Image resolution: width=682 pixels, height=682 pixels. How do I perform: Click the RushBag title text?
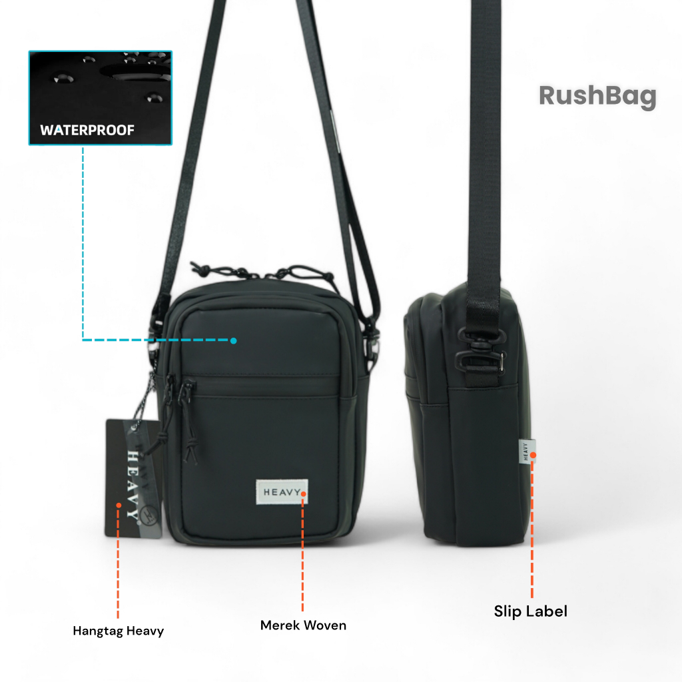click(x=597, y=96)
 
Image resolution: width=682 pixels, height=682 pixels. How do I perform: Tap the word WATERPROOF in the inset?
click(x=87, y=130)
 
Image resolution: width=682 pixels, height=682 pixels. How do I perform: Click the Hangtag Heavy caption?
click(x=119, y=631)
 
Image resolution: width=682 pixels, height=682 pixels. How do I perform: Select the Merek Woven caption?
click(x=303, y=625)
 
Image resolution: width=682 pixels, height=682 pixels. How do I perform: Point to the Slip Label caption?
click(x=531, y=611)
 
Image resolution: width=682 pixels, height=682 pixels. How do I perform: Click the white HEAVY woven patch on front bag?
click(x=282, y=492)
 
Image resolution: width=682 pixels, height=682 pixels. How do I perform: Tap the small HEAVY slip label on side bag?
click(x=526, y=452)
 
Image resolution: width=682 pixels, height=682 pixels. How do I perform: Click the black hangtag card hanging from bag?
click(x=133, y=478)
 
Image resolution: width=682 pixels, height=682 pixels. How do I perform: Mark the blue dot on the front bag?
click(x=234, y=340)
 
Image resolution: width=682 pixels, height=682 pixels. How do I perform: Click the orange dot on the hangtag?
click(x=119, y=505)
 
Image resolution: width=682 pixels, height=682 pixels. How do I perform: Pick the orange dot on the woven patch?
click(x=303, y=494)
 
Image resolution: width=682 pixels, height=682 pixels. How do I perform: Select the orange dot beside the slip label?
click(x=533, y=455)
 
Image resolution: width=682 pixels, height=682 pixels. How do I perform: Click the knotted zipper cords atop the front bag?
click(x=262, y=272)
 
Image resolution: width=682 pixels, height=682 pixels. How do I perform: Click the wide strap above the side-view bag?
click(x=485, y=144)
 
